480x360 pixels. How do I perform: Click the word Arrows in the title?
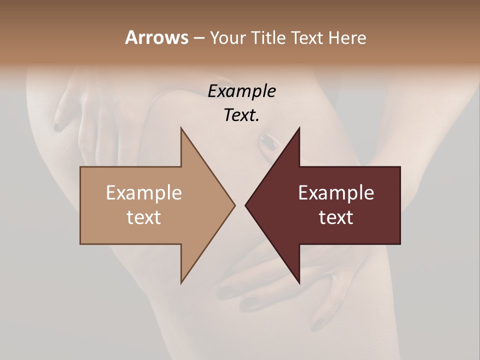(156, 37)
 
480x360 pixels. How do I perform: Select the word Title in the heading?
(268, 37)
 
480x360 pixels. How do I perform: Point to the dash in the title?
(198, 38)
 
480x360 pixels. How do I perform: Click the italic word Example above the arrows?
(241, 91)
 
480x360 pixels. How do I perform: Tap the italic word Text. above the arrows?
(241, 115)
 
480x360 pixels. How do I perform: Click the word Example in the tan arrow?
(143, 192)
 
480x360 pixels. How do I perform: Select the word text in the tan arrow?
(143, 217)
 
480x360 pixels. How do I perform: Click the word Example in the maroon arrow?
(336, 192)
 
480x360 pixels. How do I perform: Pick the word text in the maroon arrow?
(336, 217)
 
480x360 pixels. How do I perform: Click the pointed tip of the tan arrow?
(234, 205)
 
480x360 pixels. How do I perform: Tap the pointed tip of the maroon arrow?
(245, 205)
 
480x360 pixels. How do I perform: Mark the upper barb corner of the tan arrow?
(181, 128)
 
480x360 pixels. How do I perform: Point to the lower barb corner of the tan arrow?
(181, 283)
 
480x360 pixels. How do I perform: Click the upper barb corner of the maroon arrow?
(299, 128)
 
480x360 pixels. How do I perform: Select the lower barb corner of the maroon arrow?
(299, 283)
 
